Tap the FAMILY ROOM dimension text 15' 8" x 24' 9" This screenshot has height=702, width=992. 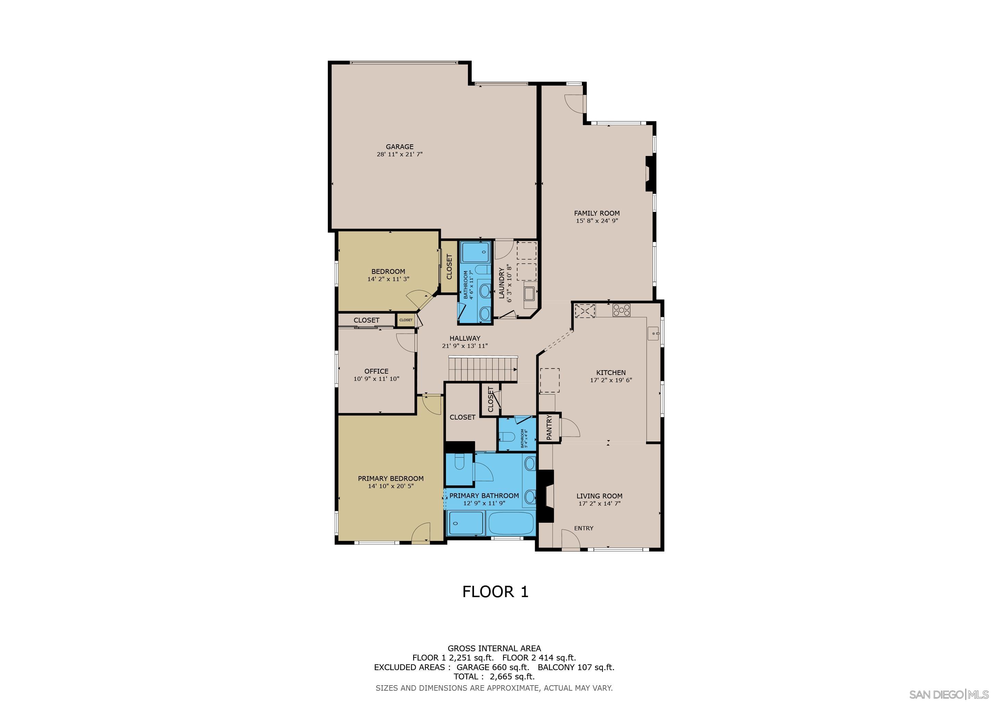(597, 221)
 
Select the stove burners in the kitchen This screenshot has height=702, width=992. (621, 310)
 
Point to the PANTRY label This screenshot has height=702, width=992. (549, 427)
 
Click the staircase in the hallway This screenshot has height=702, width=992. (483, 369)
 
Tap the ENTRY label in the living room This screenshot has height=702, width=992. (583, 528)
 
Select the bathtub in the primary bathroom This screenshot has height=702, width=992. (511, 523)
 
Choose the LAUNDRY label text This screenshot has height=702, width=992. (501, 283)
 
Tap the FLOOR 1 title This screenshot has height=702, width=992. (495, 592)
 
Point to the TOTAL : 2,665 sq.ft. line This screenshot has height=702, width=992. (494, 677)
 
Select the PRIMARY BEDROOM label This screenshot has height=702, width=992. (390, 479)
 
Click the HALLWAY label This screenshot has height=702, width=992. (464, 338)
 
